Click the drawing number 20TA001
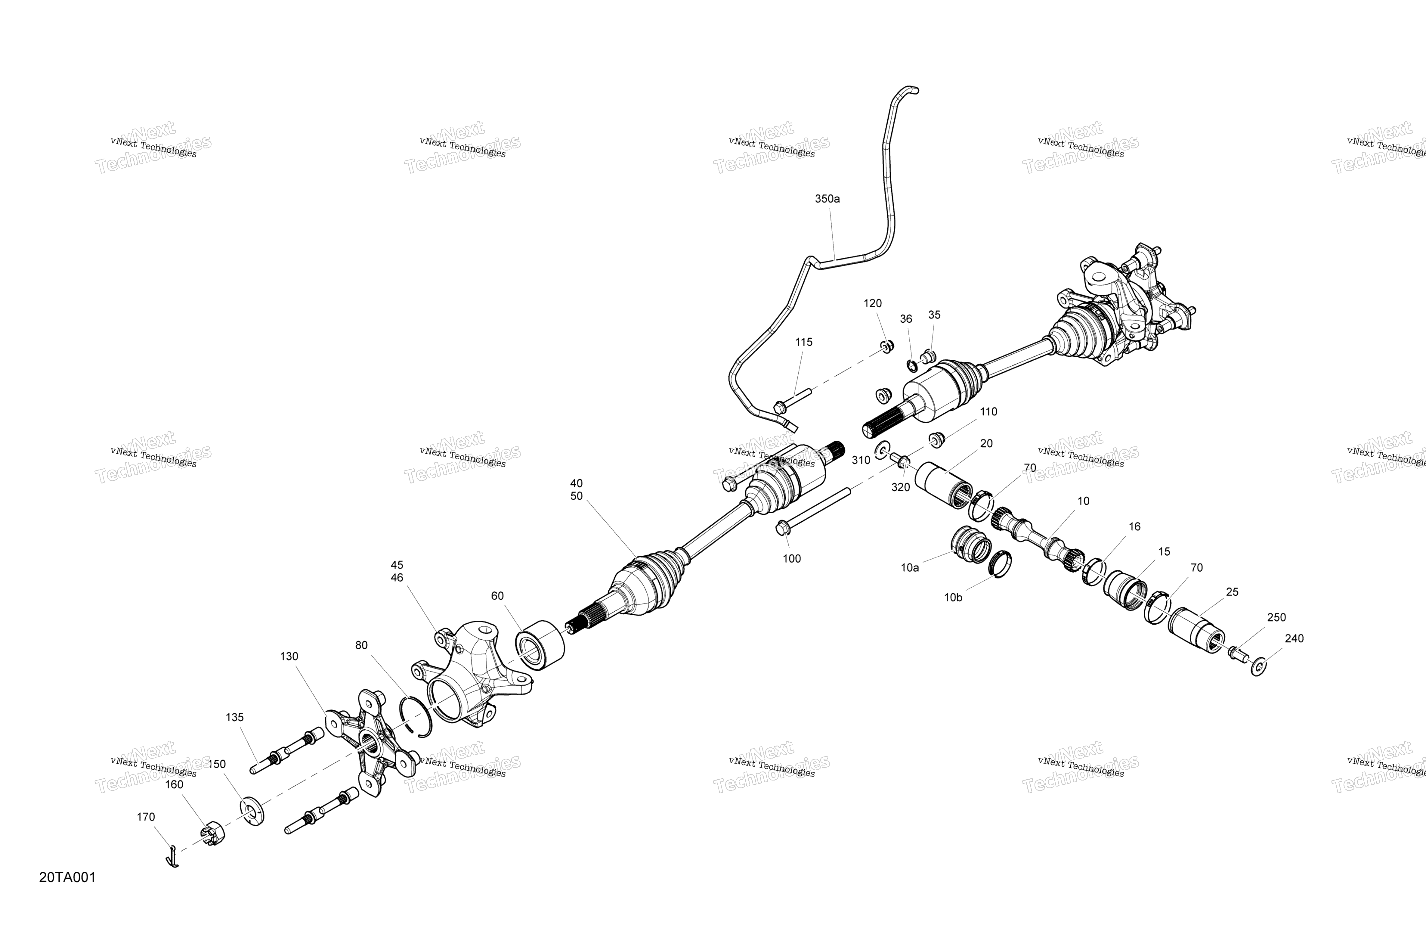click(67, 878)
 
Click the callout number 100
click(791, 559)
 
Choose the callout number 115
click(803, 342)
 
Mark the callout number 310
click(861, 461)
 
